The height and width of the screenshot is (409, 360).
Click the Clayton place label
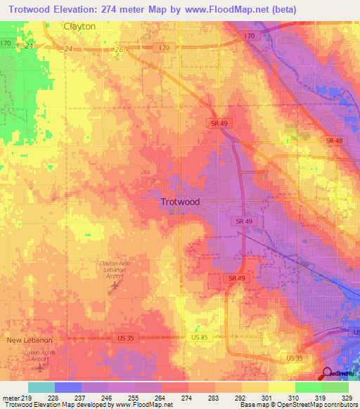pyautogui.click(x=79, y=26)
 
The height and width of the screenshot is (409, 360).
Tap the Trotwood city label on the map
pyautogui.click(x=180, y=202)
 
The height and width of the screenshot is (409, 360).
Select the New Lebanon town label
pyautogui.click(x=30, y=340)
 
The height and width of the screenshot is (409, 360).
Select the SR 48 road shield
pyautogui.click(x=334, y=141)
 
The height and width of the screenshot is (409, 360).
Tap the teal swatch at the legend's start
pyautogui.click(x=41, y=387)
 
